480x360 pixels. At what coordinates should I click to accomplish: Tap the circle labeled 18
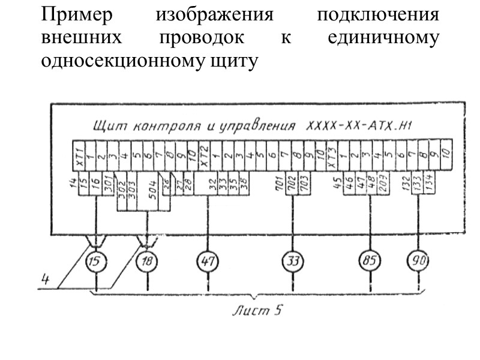(145, 262)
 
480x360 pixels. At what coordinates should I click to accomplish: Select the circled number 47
(208, 262)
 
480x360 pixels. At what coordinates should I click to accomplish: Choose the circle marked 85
(368, 262)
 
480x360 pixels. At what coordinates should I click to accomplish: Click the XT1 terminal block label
(78, 154)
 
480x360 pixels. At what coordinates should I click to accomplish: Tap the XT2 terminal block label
(204, 154)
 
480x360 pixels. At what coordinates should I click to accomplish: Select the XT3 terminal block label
(329, 154)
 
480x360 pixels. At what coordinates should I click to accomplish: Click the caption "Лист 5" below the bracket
(258, 311)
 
